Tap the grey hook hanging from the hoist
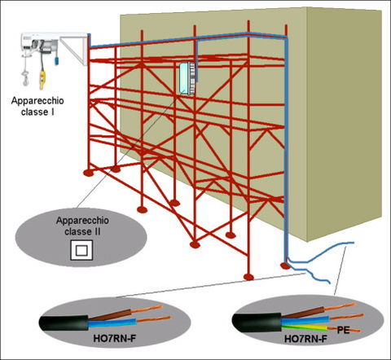[25, 78]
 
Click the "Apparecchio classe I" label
[37, 106]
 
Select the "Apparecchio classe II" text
[82, 226]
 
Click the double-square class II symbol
[81, 250]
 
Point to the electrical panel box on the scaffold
[187, 78]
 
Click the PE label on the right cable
[343, 331]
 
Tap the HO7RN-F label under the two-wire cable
[114, 339]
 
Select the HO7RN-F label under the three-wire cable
[305, 339]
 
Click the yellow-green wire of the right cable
[304, 327]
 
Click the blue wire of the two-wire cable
[112, 323]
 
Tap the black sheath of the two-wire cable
[64, 323]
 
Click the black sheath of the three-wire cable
[257, 323]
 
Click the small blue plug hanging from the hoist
[56, 60]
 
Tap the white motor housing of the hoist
[40, 43]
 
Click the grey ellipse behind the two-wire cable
[116, 323]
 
